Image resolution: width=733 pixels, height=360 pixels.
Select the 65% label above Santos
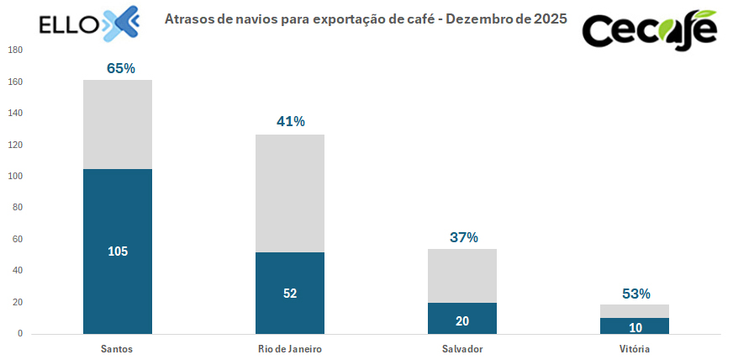click(x=121, y=68)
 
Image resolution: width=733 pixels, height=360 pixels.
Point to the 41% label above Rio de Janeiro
click(x=290, y=121)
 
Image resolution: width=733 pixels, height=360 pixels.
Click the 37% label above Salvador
click(x=463, y=237)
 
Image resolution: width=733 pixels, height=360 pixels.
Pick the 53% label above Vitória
click(x=635, y=294)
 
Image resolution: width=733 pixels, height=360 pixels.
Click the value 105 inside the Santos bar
click(x=118, y=251)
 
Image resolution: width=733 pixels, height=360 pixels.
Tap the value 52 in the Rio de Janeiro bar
click(x=290, y=294)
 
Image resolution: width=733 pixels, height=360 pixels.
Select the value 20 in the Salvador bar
click(x=462, y=320)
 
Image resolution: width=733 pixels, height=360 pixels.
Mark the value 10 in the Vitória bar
click(x=635, y=326)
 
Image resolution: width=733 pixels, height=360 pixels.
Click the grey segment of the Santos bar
click(x=118, y=124)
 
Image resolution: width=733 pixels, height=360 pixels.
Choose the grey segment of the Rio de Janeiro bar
click(x=290, y=193)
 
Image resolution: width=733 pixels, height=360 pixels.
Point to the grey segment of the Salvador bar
click(x=462, y=276)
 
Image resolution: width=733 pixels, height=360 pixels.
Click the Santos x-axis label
click(x=118, y=348)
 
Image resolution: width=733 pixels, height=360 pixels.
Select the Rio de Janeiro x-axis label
click(x=290, y=348)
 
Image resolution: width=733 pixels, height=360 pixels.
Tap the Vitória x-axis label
click(x=635, y=348)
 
